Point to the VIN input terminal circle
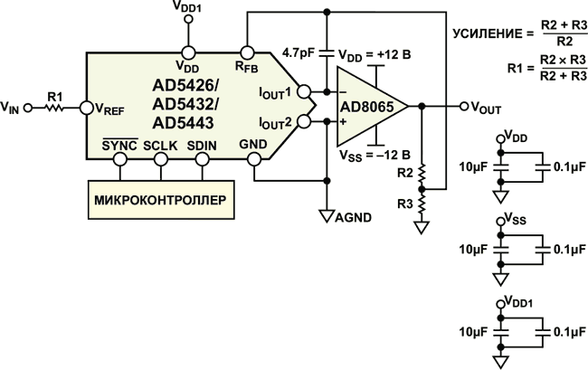pos(27,108)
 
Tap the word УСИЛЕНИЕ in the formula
pos(484,33)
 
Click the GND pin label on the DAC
pos(253,145)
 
